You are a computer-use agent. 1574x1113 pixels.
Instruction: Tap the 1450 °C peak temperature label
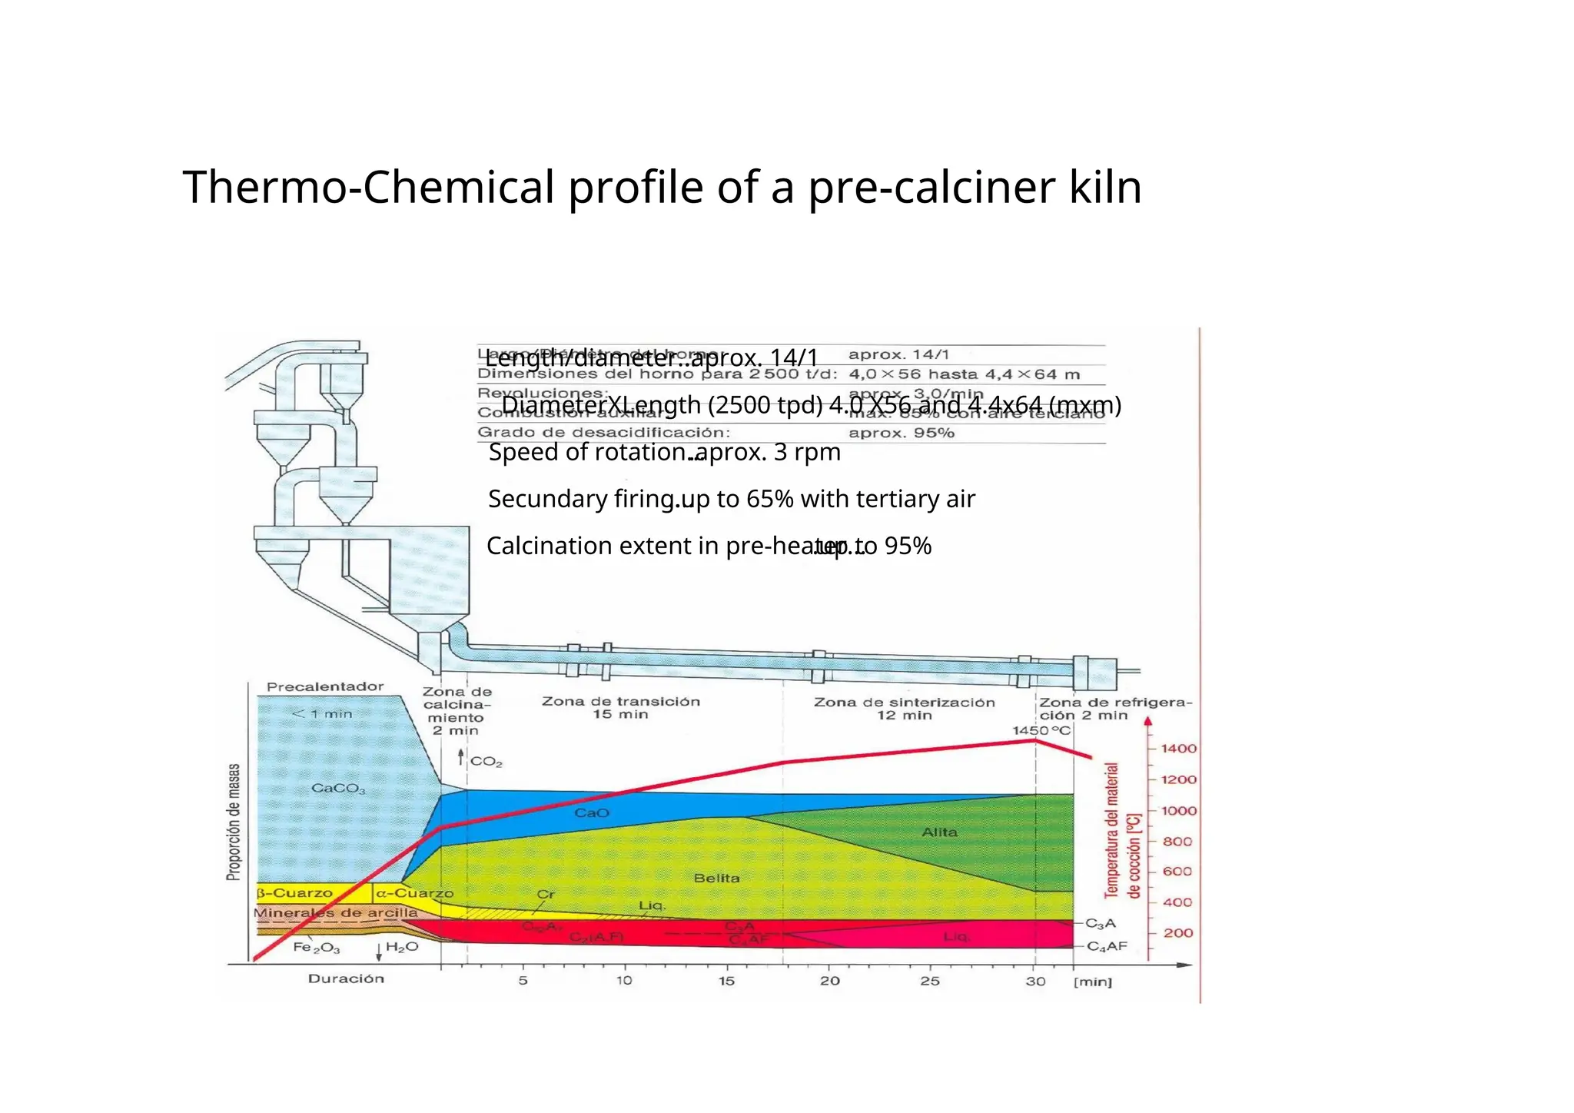[1041, 730]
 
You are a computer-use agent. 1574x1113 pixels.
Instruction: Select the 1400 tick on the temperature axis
[1177, 749]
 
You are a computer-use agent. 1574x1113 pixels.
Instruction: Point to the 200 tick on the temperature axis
[1177, 933]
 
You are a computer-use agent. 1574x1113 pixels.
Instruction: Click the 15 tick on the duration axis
[726, 981]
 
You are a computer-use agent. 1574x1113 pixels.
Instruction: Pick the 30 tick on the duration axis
[1035, 981]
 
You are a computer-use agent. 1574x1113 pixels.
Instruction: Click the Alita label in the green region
[939, 832]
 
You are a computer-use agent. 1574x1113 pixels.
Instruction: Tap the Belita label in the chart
[716, 878]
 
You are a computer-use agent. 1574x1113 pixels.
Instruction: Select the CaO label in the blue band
[592, 812]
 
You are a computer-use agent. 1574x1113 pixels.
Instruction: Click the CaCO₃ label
[338, 789]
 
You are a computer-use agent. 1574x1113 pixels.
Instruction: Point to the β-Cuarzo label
[294, 893]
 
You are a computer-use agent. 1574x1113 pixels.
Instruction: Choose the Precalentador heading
[325, 686]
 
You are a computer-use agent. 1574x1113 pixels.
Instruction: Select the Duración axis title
[346, 978]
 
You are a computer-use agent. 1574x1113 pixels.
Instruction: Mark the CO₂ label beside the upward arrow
[486, 762]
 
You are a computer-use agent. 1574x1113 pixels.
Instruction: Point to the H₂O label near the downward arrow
[401, 947]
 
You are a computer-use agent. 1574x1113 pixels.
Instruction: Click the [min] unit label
[1092, 982]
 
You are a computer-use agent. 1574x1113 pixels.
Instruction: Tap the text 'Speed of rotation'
[588, 452]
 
